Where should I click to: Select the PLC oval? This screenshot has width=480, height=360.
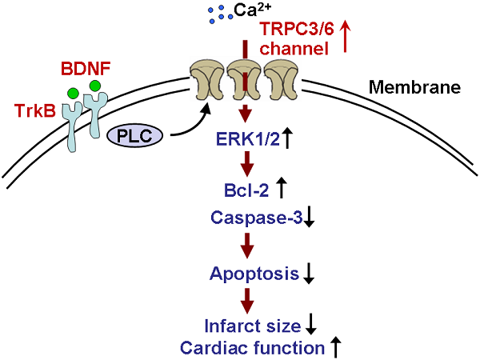(134, 137)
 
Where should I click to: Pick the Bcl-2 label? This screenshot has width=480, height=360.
(246, 190)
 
